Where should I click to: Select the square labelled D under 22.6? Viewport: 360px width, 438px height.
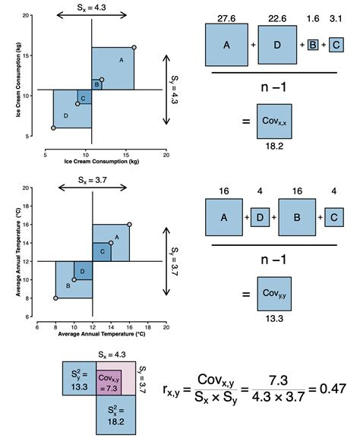coord(277,45)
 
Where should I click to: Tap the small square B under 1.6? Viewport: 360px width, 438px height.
coord(312,46)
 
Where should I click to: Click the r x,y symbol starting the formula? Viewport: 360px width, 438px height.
coord(173,389)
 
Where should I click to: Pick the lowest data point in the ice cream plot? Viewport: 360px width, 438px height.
coord(53,128)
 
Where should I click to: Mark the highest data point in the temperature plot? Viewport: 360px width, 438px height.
coord(129,225)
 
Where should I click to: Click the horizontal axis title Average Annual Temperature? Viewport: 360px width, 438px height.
coord(100,335)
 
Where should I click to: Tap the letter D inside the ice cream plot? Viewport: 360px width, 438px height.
coord(66,115)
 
